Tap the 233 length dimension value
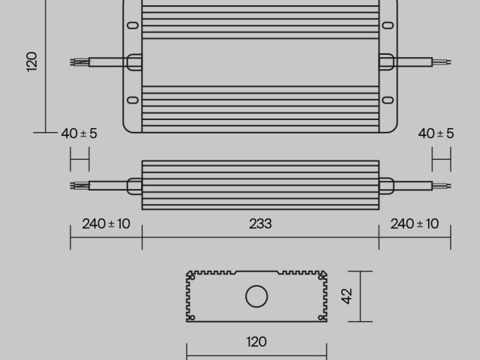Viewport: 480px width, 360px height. tap(260, 223)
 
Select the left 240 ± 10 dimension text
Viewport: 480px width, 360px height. tap(106, 223)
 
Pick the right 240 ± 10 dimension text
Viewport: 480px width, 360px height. tap(415, 223)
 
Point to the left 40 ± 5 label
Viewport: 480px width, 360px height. tap(79, 133)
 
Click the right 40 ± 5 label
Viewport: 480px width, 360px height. tap(436, 133)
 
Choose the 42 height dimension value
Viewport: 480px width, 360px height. tap(346, 296)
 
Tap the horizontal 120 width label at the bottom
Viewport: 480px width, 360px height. tap(256, 342)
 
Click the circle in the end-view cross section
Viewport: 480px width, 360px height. tap(256, 296)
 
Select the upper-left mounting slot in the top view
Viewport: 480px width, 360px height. tap(132, 25)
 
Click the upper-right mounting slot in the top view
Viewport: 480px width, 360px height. tap(388, 25)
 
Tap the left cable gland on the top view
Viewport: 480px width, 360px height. tap(133, 61)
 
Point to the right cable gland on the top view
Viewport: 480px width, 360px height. tap(387, 61)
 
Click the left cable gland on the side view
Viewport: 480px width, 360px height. tap(133, 184)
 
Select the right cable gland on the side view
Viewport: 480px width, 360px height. tap(387, 184)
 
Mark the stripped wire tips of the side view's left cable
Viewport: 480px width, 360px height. tap(75, 184)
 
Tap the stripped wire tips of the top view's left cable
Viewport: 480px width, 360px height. tap(75, 61)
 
